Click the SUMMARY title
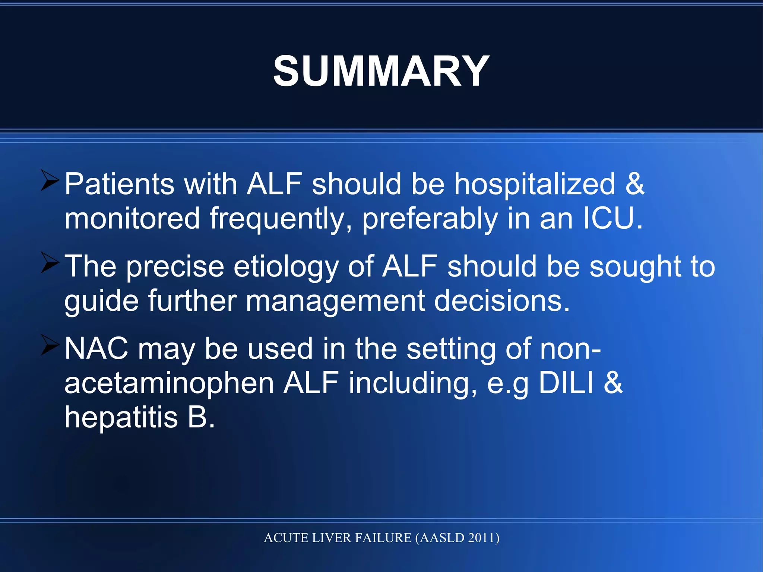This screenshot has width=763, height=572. [381, 71]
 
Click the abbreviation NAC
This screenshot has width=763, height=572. [96, 349]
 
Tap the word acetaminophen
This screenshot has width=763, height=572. [169, 384]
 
